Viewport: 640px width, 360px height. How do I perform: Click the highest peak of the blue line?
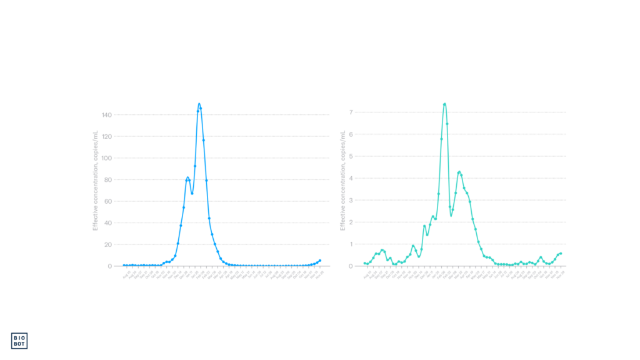coord(199,104)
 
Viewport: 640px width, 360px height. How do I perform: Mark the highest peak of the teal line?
coord(444,104)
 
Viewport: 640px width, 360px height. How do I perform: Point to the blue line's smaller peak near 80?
coord(187,177)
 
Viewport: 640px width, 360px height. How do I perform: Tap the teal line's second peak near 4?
coord(459,171)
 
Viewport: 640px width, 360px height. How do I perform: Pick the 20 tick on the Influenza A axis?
coord(107,244)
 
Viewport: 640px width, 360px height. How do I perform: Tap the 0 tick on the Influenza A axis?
coord(109,266)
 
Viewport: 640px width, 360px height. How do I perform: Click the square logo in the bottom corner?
coord(20,340)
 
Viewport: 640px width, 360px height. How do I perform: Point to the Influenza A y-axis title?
coord(95,181)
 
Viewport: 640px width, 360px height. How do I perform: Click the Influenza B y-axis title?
coord(342,181)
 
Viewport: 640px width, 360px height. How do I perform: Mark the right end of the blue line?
coord(320,260)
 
